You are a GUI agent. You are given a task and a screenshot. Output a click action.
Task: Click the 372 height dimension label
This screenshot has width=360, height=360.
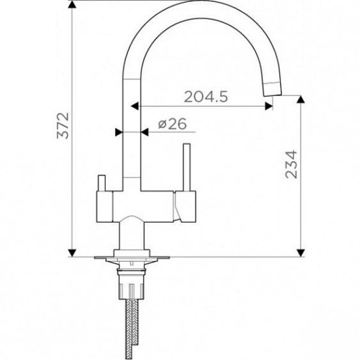click(62, 125)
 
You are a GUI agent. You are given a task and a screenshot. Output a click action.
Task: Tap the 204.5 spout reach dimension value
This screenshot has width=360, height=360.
click(206, 96)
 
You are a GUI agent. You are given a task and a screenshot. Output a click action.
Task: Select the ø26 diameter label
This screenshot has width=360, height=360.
click(172, 124)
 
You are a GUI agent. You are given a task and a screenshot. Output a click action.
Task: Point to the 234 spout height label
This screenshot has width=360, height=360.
click(291, 164)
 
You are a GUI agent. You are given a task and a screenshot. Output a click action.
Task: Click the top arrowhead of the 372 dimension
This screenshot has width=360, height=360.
click(72, 4)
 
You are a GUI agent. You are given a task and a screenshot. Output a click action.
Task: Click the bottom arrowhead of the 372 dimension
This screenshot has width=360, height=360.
click(72, 253)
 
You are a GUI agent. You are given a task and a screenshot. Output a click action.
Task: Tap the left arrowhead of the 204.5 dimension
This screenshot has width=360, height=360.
click(135, 106)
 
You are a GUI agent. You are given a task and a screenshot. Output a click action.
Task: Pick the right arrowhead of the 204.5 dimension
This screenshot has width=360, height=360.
click(269, 106)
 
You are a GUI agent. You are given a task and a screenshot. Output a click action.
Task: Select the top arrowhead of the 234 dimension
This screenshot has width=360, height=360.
click(300, 99)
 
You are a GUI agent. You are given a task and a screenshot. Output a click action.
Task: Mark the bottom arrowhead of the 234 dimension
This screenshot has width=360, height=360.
click(300, 253)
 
